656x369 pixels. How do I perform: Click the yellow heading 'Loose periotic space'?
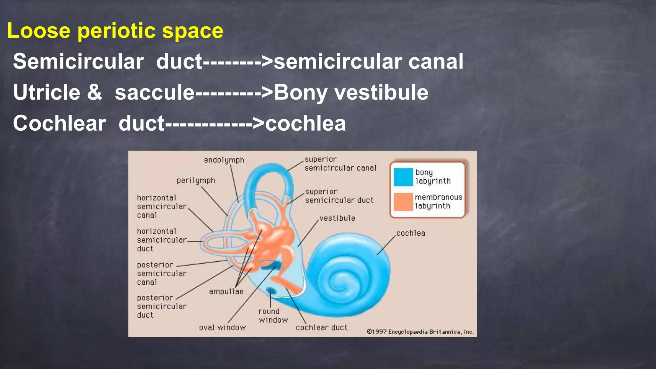tap(115, 31)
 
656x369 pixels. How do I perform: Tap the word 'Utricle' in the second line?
tap(46, 93)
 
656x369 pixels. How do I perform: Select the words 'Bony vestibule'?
tap(351, 93)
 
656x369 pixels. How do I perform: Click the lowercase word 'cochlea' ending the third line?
tap(306, 123)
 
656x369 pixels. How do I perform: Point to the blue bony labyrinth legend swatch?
tap(403, 177)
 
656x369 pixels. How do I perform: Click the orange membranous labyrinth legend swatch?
tap(403, 202)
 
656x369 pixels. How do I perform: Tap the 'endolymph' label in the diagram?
tap(224, 160)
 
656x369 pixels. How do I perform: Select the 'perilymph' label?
tap(196, 181)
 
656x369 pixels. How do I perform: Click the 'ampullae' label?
tap(226, 291)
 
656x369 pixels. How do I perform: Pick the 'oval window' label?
tap(222, 328)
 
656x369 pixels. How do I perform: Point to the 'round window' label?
tap(273, 316)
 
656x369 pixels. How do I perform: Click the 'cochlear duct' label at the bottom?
tap(322, 328)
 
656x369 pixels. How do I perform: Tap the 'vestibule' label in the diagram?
tap(337, 218)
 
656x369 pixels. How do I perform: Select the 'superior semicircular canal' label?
tap(340, 164)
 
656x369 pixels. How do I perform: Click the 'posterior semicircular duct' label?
tap(161, 307)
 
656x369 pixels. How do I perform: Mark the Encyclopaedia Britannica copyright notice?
tap(420, 332)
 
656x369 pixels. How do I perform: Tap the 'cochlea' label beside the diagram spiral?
tap(411, 234)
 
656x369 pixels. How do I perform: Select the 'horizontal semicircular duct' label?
tap(161, 240)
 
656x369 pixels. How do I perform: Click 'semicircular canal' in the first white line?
tap(368, 61)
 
